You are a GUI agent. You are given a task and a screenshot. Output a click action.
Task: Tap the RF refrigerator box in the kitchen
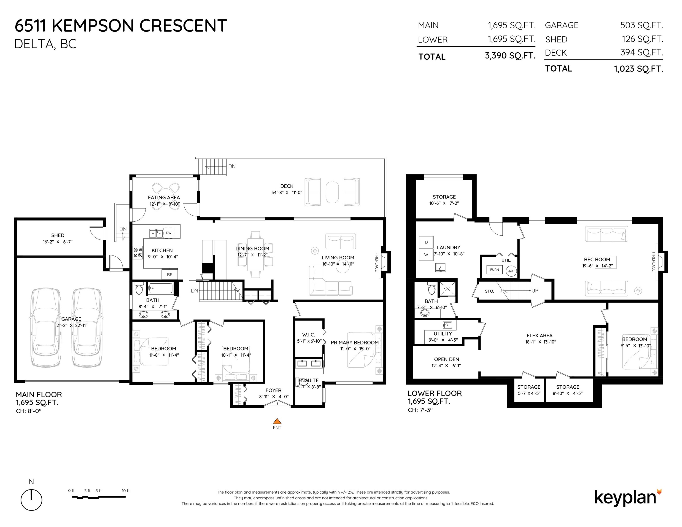(x=170, y=274)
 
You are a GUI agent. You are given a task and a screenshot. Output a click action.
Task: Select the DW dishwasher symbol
(x=169, y=233)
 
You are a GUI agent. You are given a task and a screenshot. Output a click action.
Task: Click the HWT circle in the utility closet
(x=511, y=271)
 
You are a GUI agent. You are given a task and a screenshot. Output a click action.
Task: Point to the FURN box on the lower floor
(x=494, y=269)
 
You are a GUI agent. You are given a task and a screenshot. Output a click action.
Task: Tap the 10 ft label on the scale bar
(x=126, y=490)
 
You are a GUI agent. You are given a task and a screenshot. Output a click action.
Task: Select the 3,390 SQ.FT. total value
(x=510, y=56)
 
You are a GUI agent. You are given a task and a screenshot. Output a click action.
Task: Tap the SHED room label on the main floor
(x=58, y=235)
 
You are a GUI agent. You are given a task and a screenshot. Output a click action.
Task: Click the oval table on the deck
(x=332, y=192)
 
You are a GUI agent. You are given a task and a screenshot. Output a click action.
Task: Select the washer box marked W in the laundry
(x=426, y=254)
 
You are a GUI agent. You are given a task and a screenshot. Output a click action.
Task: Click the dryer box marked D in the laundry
(x=426, y=242)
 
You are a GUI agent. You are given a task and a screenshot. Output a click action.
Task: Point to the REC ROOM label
(x=597, y=259)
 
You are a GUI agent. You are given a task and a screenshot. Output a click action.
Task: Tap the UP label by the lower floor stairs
(x=535, y=291)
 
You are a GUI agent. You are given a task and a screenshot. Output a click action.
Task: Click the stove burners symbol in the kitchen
(x=138, y=252)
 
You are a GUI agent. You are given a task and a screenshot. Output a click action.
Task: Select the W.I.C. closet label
(x=309, y=335)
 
